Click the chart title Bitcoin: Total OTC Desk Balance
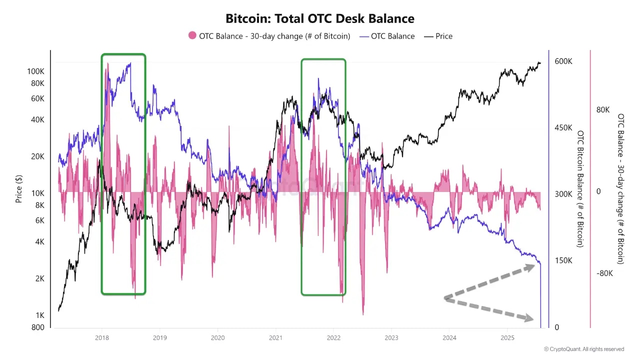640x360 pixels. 320,19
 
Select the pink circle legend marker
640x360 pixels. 192,36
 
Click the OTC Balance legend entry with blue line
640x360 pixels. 387,36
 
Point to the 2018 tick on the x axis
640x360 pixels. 101,338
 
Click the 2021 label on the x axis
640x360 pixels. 275,338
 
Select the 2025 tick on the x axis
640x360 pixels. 507,338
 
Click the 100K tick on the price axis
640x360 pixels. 36,71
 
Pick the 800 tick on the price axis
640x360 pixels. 38,327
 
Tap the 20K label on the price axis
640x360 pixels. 38,156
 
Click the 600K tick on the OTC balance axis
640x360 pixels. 563,61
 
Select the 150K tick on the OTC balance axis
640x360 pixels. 563,260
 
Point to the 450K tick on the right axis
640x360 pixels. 563,127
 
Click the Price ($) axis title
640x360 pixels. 19,188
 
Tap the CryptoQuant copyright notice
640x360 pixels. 584,349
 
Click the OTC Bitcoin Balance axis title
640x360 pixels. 580,188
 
